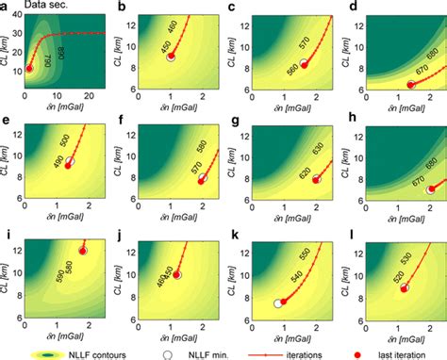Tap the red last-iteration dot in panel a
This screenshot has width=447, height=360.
point(28,69)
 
